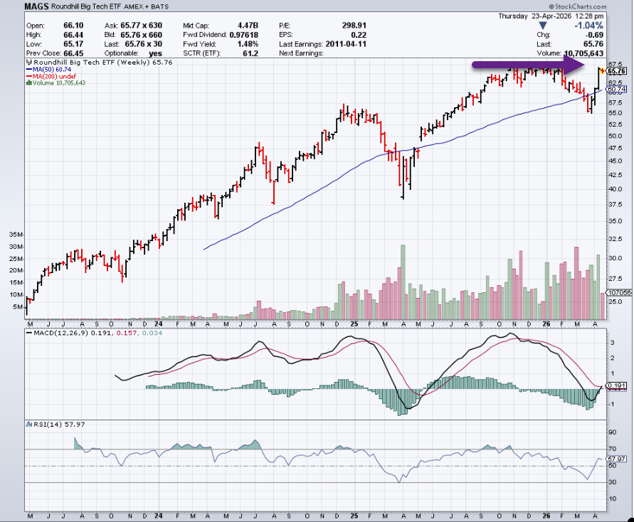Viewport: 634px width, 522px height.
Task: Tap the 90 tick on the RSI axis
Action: click(x=611, y=432)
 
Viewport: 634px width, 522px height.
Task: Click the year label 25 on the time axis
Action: click(x=354, y=324)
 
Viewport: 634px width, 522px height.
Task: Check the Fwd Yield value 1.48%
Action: click(x=245, y=44)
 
